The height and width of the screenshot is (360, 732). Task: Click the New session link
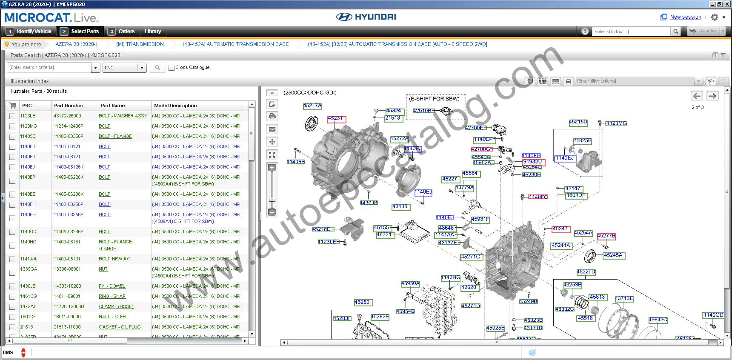click(x=685, y=17)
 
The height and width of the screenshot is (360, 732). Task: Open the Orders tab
click(x=126, y=31)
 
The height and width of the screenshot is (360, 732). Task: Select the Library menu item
click(x=153, y=31)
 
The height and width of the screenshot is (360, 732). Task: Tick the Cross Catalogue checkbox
click(x=172, y=68)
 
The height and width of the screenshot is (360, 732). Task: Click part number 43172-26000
click(x=67, y=116)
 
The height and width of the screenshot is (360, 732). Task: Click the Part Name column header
click(x=113, y=106)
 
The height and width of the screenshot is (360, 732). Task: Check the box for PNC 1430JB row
click(x=12, y=286)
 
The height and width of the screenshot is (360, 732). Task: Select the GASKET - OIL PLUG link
click(x=120, y=327)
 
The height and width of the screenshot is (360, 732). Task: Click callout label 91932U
click(x=533, y=162)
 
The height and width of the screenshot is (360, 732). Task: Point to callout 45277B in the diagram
click(x=606, y=236)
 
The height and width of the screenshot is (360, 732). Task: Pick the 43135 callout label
click(x=400, y=207)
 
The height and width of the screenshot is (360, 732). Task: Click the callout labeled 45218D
click(x=322, y=229)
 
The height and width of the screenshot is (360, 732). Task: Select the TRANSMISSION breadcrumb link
click(x=140, y=44)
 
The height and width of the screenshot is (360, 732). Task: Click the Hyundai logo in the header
click(x=366, y=17)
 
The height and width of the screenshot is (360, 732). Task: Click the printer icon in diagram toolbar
click(x=272, y=116)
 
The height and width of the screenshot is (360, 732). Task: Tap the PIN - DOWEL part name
click(x=112, y=286)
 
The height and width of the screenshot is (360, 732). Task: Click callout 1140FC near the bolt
click(x=538, y=197)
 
